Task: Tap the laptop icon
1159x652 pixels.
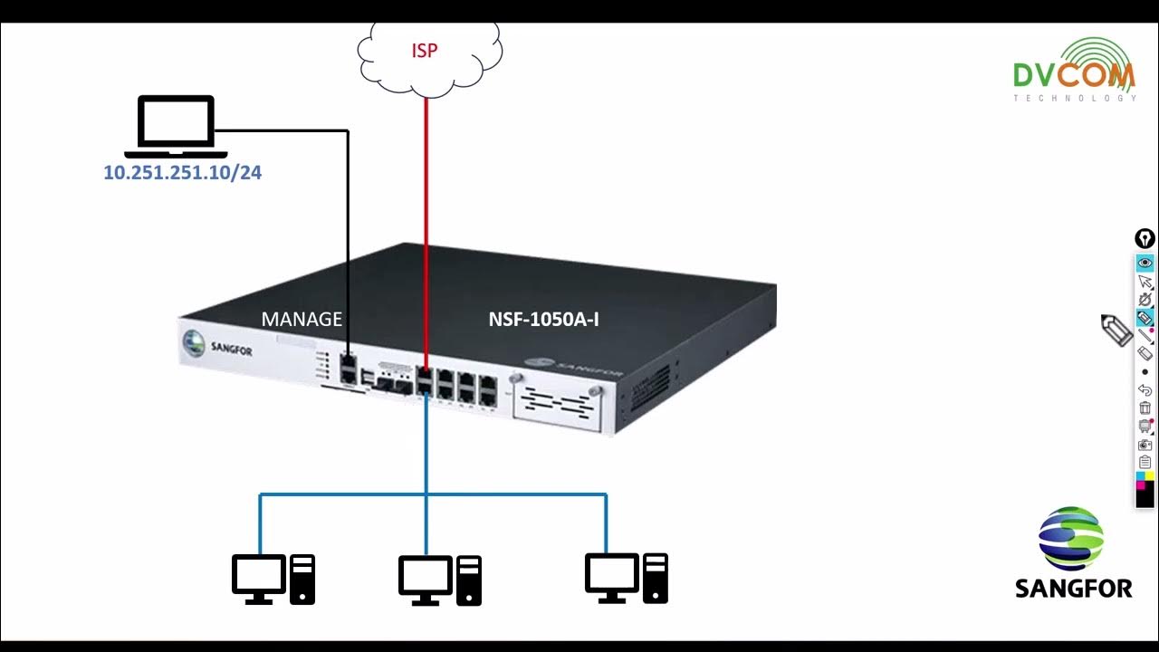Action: point(176,126)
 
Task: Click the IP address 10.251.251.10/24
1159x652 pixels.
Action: point(182,173)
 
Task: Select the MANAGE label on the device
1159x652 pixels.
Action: point(302,320)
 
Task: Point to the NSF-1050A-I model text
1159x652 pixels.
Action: point(543,320)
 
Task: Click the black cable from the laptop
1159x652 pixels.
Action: point(348,226)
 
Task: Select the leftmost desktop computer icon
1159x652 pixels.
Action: point(273,580)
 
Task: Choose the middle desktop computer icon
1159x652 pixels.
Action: point(440,580)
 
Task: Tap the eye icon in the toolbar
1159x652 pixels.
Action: point(1145,263)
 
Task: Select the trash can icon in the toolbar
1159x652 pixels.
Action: point(1145,407)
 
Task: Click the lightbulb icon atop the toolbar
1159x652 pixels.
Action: point(1145,239)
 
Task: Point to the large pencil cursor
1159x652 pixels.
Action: point(1117,330)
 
